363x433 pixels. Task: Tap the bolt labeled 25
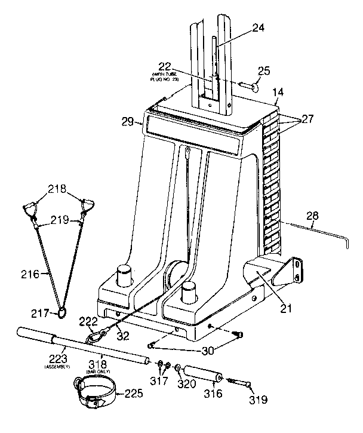click(248, 86)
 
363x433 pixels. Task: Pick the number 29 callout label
click(128, 122)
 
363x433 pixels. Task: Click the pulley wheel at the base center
click(174, 276)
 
